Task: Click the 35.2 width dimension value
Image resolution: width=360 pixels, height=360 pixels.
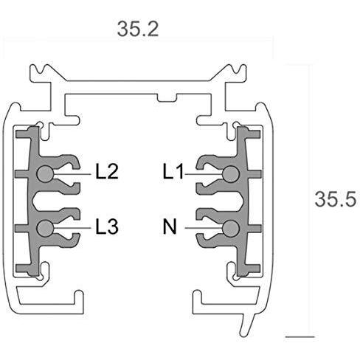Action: click(x=138, y=29)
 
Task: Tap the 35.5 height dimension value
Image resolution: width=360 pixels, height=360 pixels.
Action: click(x=336, y=199)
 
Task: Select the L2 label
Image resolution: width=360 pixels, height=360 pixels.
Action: click(x=108, y=173)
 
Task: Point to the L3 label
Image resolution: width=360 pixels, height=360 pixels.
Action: click(x=108, y=228)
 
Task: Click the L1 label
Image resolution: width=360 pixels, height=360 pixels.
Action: click(x=173, y=173)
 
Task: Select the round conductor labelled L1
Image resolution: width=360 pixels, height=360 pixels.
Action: click(x=231, y=173)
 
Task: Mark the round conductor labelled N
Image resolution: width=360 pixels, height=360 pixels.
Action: click(x=231, y=228)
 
